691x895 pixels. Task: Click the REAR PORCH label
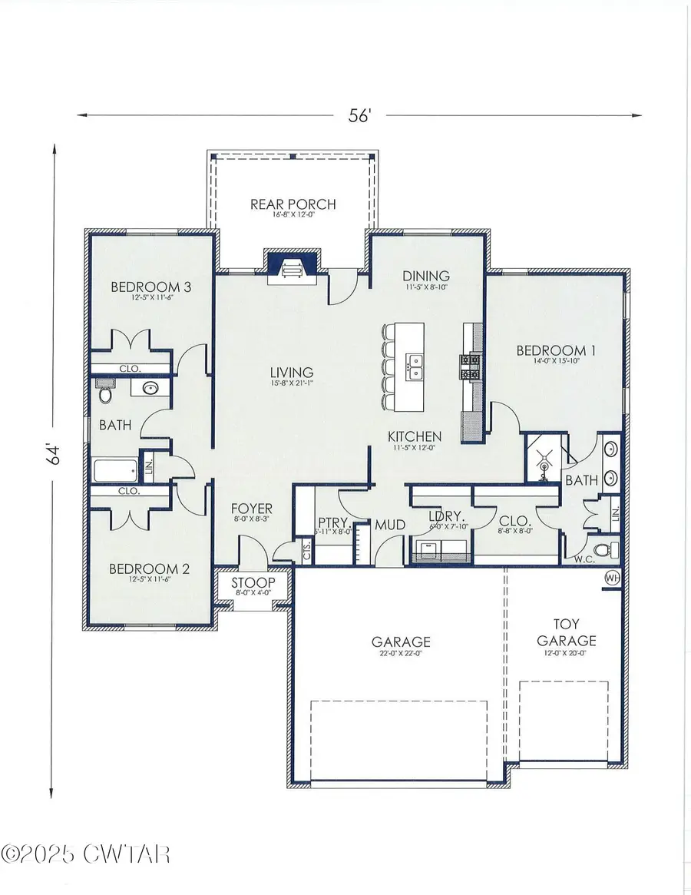pos(293,204)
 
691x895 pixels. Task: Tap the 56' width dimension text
pos(360,115)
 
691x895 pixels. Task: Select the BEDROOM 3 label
pos(150,287)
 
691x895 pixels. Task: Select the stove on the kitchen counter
pos(469,366)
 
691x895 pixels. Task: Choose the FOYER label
pos(253,509)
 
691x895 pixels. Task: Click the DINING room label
pos(426,277)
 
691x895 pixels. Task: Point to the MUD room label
pos(385,526)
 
